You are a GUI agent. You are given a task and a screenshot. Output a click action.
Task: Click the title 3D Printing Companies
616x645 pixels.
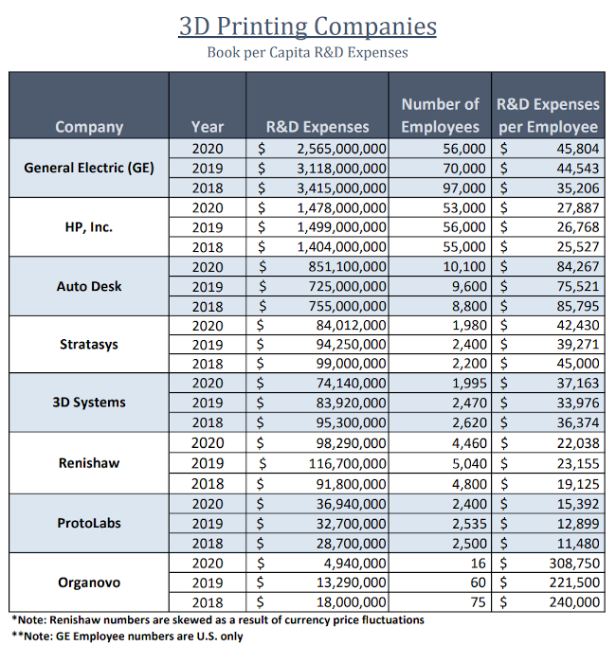coord(308,26)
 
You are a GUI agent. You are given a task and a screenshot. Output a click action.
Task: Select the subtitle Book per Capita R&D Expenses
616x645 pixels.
coord(308,52)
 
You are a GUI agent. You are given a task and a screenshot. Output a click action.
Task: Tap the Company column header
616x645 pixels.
coord(89,126)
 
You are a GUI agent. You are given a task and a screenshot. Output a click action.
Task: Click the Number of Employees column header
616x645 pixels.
coord(440,115)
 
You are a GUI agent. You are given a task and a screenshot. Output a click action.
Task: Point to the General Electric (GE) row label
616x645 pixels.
coord(89,168)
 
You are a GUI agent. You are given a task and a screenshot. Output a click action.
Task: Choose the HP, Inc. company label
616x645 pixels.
coord(89,227)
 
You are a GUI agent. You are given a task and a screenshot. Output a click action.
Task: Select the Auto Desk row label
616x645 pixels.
coord(89,286)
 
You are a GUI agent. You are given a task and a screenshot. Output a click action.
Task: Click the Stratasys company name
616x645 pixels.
coord(89,344)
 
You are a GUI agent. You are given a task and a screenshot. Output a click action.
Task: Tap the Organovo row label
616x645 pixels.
coord(89,582)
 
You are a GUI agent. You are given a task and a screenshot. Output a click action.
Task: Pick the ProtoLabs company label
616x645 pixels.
coord(89,523)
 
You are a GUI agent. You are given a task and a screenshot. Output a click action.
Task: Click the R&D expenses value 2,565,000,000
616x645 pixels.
coord(341,149)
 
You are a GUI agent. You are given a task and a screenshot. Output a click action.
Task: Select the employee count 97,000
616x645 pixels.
coord(464,188)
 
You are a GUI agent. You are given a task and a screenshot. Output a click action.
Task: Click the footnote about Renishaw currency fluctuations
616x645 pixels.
coord(218,619)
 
